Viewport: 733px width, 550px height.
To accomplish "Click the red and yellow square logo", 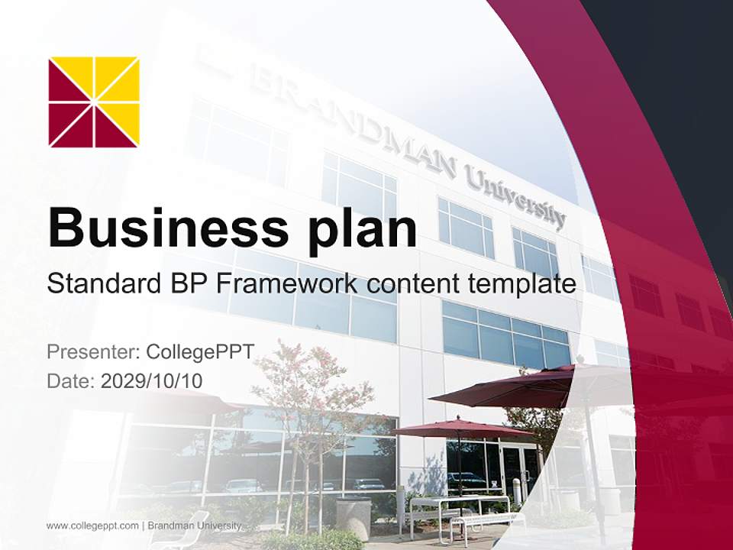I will tap(94, 102).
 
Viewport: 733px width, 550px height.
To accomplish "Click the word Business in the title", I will tap(160, 228).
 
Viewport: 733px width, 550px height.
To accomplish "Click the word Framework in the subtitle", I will tap(287, 284).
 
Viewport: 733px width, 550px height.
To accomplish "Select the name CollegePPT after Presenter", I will tap(199, 352).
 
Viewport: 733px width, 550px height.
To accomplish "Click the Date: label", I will tap(71, 380).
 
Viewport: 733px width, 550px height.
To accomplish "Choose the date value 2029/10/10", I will tap(152, 380).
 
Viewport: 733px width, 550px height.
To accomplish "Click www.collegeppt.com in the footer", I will tap(92, 526).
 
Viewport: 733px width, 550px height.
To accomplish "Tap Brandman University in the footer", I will tap(195, 526).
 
